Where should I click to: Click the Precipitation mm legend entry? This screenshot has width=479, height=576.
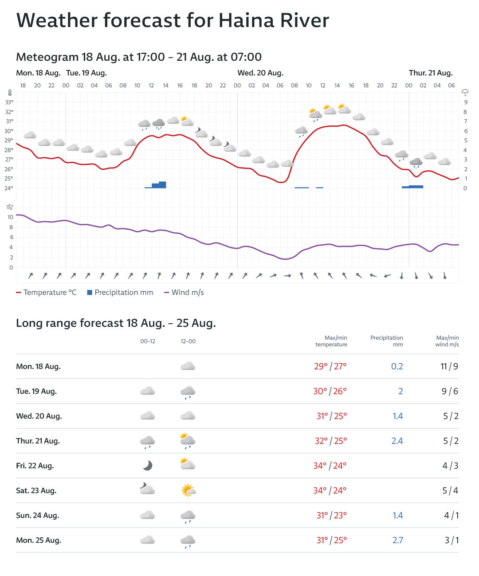coord(120,293)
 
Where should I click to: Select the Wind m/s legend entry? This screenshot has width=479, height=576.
coord(184,293)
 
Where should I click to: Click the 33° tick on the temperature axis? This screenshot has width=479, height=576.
coord(9,102)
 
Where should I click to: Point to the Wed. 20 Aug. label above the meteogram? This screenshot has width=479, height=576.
coord(260,73)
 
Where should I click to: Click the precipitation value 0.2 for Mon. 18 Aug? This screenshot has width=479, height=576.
coord(397,367)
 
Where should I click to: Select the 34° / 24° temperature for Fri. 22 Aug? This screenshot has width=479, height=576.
coord(330,466)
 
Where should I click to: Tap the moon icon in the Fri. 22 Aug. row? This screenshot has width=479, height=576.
coord(148,465)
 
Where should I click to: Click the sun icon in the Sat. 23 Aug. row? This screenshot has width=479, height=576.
coord(188,490)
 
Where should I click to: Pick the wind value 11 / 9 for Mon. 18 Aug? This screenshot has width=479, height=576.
coord(449,367)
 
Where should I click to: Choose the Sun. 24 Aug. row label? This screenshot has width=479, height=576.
coord(38,516)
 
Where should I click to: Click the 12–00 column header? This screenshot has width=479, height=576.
coord(188,341)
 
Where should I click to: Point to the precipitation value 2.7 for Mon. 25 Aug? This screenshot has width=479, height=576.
coord(397,541)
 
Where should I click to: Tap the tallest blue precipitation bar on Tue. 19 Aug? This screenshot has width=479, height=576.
coord(162,185)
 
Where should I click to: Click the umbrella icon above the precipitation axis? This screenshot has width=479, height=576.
coord(465,92)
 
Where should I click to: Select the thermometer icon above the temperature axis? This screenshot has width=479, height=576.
coord(9,93)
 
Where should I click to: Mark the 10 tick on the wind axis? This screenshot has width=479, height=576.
coord(10,217)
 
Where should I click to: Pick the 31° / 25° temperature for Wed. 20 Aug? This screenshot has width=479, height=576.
coord(331,416)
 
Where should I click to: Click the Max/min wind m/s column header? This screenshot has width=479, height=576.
coord(447,341)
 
